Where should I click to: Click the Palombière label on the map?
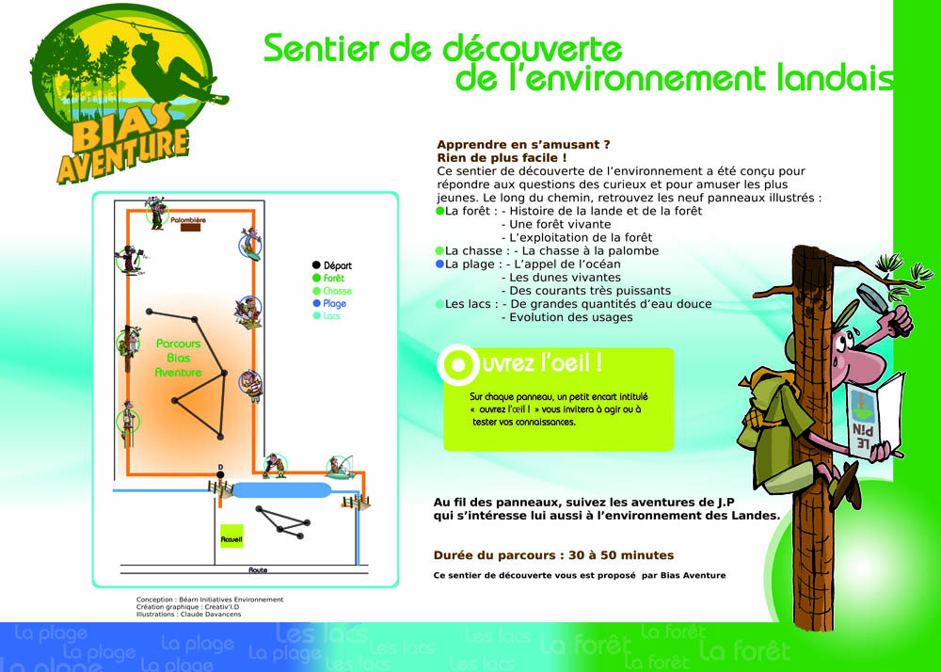click(x=188, y=219)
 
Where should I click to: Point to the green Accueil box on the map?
click(x=231, y=536)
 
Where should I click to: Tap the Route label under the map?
click(x=258, y=569)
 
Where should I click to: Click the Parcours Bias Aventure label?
click(x=178, y=358)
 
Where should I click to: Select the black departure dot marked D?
click(x=220, y=475)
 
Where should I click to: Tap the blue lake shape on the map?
click(x=280, y=490)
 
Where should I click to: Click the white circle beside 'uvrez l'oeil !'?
click(x=458, y=364)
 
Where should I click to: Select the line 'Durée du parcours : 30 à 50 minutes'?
click(x=553, y=555)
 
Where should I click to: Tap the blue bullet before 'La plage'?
click(x=439, y=264)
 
